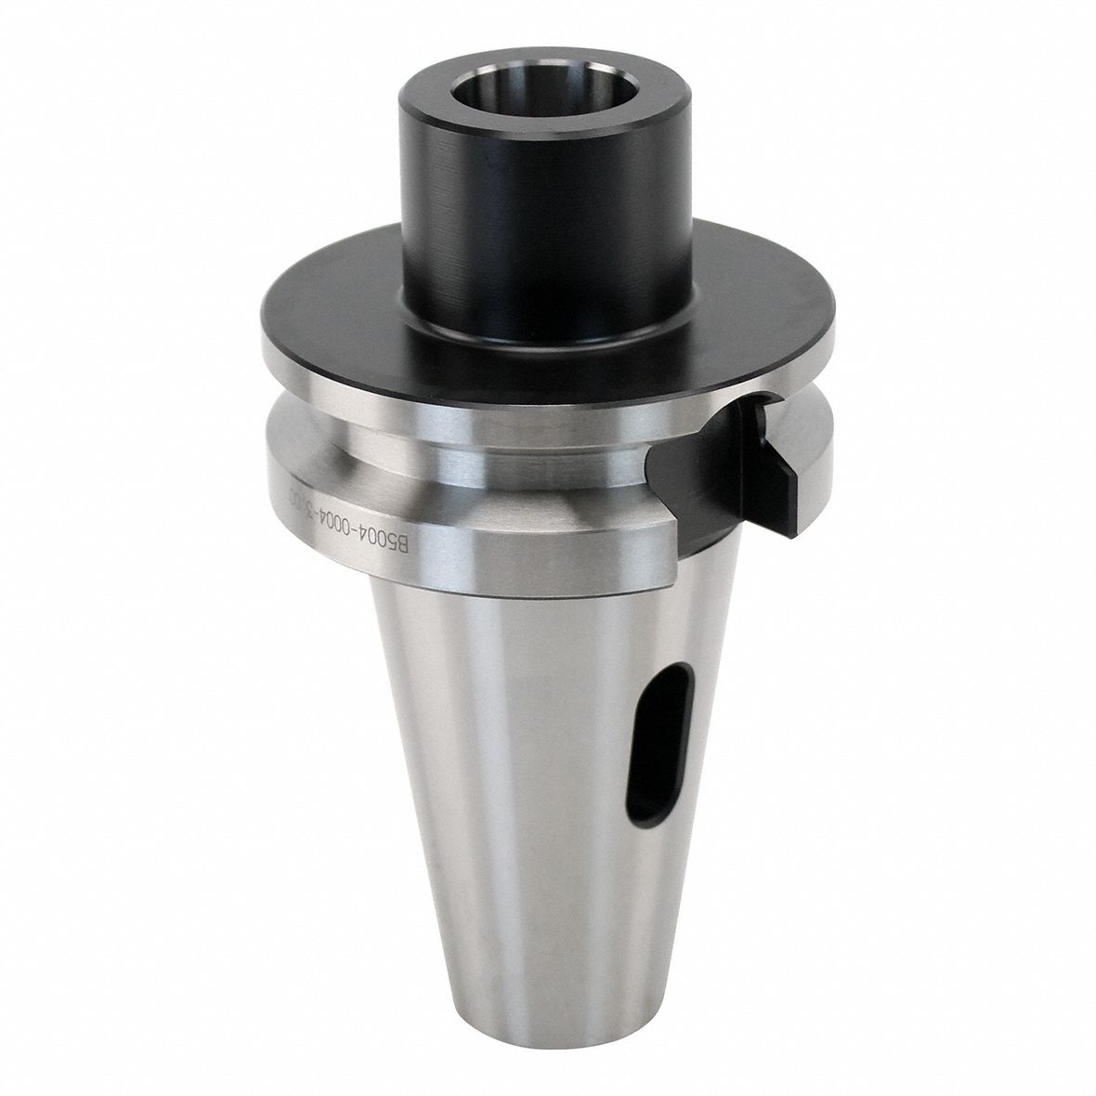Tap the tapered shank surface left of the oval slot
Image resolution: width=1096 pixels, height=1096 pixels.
coord(520,743)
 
